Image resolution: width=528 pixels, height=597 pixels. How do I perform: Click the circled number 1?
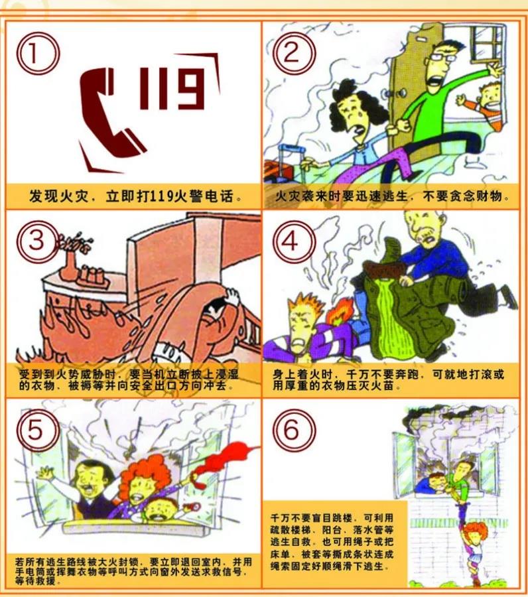click(38, 53)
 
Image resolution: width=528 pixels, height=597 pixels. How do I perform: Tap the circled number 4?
click(293, 241)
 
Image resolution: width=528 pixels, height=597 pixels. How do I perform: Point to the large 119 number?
click(172, 88)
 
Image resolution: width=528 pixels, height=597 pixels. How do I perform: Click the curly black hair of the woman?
click(357, 102)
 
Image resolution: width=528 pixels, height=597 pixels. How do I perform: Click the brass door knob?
click(401, 92)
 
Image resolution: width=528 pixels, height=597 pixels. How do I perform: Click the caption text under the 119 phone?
click(135, 196)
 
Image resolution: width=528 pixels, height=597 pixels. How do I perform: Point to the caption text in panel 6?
click(332, 542)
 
